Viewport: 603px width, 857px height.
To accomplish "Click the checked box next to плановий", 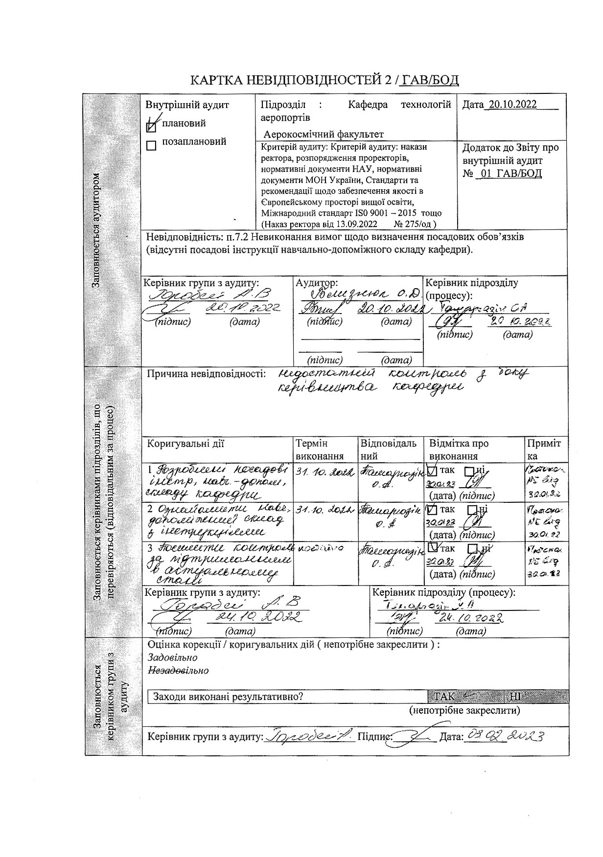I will click(x=152, y=126).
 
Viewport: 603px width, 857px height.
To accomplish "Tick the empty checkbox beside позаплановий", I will click(x=152, y=146).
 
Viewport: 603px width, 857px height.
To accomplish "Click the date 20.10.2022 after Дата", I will click(x=512, y=104).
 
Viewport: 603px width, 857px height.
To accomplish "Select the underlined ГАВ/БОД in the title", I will click(x=429, y=80).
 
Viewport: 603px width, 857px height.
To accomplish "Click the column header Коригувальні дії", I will click(x=186, y=444).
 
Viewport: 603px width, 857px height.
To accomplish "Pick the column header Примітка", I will click(x=544, y=450).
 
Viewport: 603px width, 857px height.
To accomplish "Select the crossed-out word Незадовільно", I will click(x=178, y=671).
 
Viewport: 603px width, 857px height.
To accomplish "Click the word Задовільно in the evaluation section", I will click(x=173, y=658).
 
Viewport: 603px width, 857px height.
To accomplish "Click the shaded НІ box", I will click(x=515, y=697).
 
